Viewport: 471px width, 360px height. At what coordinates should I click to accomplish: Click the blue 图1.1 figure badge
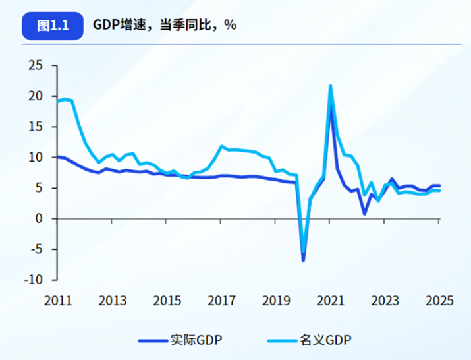click(53, 25)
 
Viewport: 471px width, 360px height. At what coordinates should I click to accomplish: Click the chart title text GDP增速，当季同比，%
click(165, 25)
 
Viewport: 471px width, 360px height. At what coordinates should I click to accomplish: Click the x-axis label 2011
click(58, 301)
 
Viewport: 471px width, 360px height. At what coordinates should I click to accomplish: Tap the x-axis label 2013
click(113, 301)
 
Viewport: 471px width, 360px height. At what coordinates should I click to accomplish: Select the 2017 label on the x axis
click(221, 301)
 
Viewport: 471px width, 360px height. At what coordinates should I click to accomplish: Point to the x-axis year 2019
click(276, 301)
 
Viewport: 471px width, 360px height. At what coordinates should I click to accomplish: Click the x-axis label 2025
click(439, 301)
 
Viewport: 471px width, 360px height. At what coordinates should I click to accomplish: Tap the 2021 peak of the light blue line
click(330, 86)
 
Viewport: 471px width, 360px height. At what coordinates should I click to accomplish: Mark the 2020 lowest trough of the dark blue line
click(303, 260)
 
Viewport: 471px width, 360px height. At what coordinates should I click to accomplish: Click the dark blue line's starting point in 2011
click(58, 156)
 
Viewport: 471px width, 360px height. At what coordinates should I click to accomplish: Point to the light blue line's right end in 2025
click(439, 190)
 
